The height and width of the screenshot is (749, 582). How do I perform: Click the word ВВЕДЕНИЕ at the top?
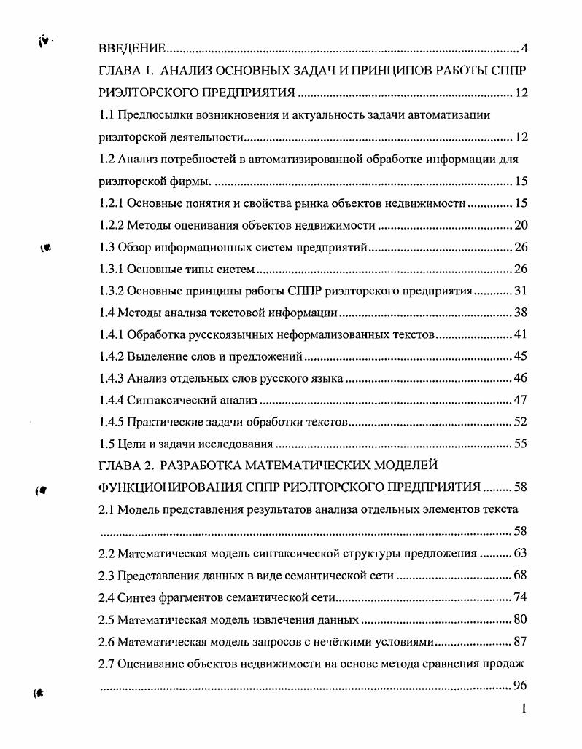131,50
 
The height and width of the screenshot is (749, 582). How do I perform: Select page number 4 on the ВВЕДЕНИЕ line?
524,50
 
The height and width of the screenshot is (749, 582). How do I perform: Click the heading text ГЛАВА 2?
125,465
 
